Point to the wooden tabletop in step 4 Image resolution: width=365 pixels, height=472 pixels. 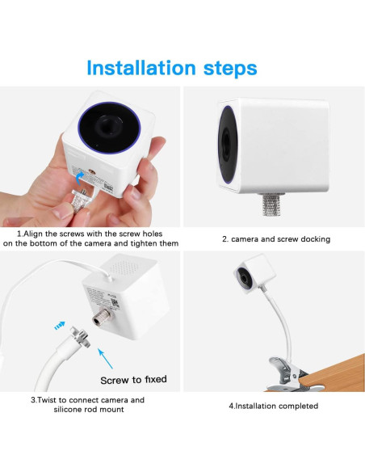tap(331, 368)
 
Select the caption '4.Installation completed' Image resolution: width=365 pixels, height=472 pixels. tap(272, 406)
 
